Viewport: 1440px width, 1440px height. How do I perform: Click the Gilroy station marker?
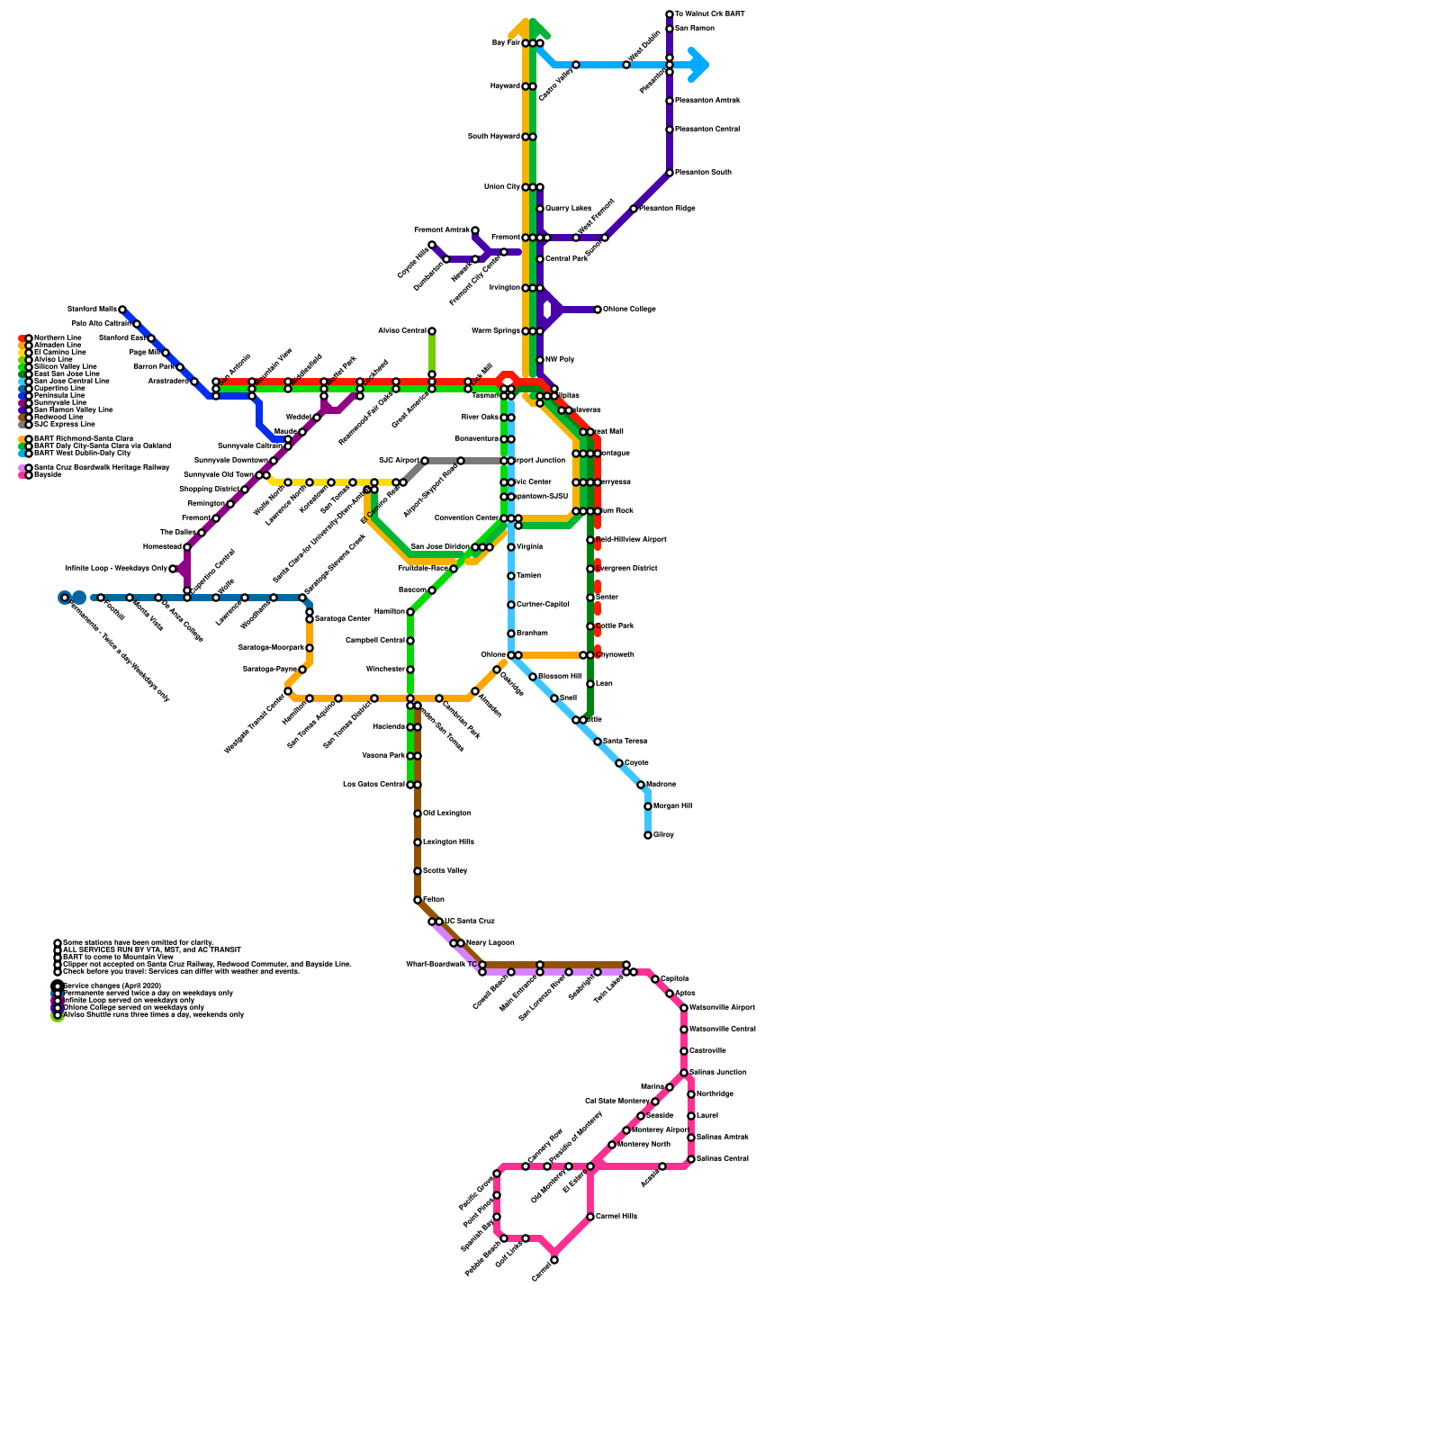pyautogui.click(x=648, y=835)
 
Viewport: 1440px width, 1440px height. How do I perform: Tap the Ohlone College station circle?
pyautogui.click(x=598, y=310)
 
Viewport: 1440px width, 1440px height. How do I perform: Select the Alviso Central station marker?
pyautogui.click(x=432, y=331)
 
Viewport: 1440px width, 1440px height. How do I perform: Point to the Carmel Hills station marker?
pyautogui.click(x=590, y=1217)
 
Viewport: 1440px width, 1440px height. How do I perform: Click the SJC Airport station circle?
pyautogui.click(x=425, y=461)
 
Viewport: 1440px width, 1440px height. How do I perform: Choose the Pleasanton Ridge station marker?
pyautogui.click(x=634, y=209)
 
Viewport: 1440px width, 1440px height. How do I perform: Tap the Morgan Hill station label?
pyautogui.click(x=672, y=806)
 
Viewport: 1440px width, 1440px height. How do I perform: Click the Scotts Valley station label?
pyautogui.click(x=445, y=871)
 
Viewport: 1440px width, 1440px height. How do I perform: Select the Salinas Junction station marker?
pyautogui.click(x=684, y=1073)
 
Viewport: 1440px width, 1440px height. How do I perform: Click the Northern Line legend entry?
pyautogui.click(x=58, y=338)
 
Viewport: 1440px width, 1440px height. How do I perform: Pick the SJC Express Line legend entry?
pyautogui.click(x=64, y=425)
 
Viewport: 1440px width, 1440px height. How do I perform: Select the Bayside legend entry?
pyautogui.click(x=48, y=475)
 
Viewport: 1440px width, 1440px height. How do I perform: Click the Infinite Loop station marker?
pyautogui.click(x=173, y=569)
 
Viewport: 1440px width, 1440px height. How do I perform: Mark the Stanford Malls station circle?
pyautogui.click(x=122, y=310)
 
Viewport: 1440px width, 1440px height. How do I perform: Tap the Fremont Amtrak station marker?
pyautogui.click(x=475, y=230)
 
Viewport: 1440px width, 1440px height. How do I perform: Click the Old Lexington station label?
pyautogui.click(x=446, y=814)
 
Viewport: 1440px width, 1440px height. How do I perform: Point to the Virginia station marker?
pyautogui.click(x=511, y=547)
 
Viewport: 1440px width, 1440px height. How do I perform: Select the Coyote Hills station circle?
pyautogui.click(x=432, y=245)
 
